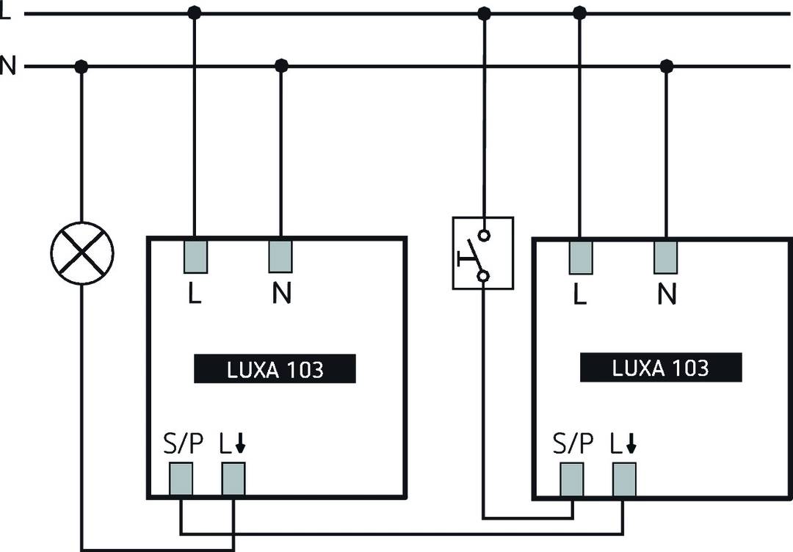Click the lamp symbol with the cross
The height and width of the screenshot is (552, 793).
click(82, 253)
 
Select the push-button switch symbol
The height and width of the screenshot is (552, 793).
click(482, 253)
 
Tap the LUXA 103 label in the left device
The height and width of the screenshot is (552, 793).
click(275, 368)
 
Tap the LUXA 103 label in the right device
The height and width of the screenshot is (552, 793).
click(660, 367)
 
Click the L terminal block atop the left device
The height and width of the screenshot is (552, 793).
click(194, 256)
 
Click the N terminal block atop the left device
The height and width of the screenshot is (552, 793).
click(281, 256)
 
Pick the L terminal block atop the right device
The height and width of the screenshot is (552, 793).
click(580, 256)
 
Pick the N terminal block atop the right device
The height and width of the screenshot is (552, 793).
click(666, 256)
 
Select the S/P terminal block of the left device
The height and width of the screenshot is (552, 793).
click(181, 479)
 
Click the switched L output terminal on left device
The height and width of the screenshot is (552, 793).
click(233, 479)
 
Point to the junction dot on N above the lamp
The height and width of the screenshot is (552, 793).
click(82, 67)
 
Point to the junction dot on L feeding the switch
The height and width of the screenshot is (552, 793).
click(484, 13)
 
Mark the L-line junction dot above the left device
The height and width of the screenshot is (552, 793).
click(194, 13)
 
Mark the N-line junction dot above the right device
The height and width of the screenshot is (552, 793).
click(666, 67)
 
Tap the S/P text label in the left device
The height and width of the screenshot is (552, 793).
click(181, 445)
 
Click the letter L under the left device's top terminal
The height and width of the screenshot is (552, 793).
click(194, 294)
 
